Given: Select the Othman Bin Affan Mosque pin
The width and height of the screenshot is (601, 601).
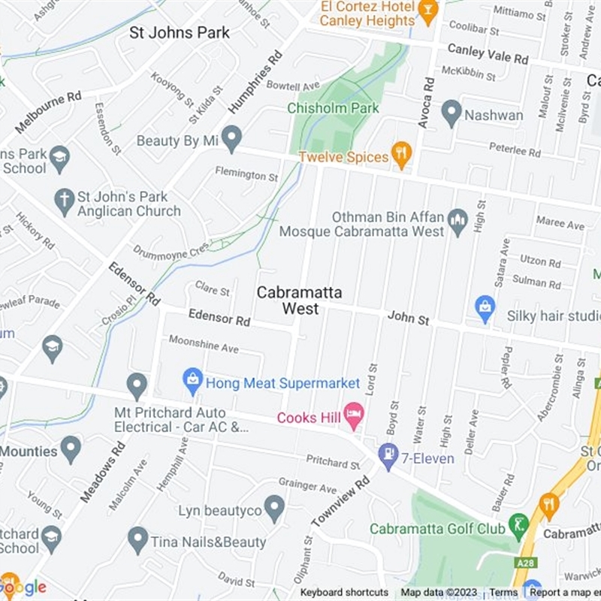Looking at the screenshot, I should (458, 221).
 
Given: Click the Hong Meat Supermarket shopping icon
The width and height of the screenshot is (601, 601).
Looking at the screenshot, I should (193, 377).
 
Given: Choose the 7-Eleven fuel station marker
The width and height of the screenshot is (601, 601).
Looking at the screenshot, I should (388, 455).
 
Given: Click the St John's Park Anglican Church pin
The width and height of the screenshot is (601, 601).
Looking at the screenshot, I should (65, 201).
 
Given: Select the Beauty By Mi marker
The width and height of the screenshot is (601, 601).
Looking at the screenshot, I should (232, 138).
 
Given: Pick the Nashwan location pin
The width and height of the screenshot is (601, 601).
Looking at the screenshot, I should (452, 113).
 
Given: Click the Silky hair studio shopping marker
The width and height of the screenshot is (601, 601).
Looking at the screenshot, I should (485, 307).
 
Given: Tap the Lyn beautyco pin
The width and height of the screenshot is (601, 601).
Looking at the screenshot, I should (275, 509).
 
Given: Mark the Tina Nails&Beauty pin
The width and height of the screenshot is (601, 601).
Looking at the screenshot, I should (137, 539).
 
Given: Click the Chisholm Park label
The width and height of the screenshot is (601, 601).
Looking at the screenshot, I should (333, 108).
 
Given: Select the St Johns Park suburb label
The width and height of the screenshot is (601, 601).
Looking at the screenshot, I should (180, 32).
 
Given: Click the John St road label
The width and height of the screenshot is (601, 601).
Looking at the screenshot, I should (408, 319).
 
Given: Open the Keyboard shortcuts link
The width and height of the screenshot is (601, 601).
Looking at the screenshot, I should (344, 593).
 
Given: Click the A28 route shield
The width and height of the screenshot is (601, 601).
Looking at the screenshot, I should (525, 560).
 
